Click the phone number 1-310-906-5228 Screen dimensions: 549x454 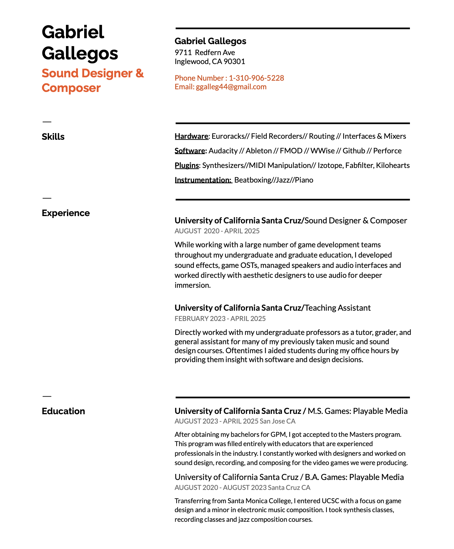256,78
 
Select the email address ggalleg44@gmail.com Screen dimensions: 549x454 231,87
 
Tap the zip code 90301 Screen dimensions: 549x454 234,61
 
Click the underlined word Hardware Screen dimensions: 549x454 191,136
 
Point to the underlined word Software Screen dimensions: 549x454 190,151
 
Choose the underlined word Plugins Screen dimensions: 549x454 187,165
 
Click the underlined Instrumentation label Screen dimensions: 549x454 203,180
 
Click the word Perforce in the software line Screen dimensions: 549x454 387,151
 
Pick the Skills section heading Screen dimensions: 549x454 53,137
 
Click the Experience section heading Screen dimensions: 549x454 66,213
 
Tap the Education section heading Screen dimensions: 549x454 63,411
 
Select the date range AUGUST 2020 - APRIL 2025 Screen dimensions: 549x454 217,231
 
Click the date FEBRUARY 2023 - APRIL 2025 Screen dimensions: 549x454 220,319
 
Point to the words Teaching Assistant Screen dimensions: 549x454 337,308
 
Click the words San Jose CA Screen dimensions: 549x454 277,421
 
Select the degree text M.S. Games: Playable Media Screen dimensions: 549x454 358,411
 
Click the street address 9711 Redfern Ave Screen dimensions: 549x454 205,52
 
